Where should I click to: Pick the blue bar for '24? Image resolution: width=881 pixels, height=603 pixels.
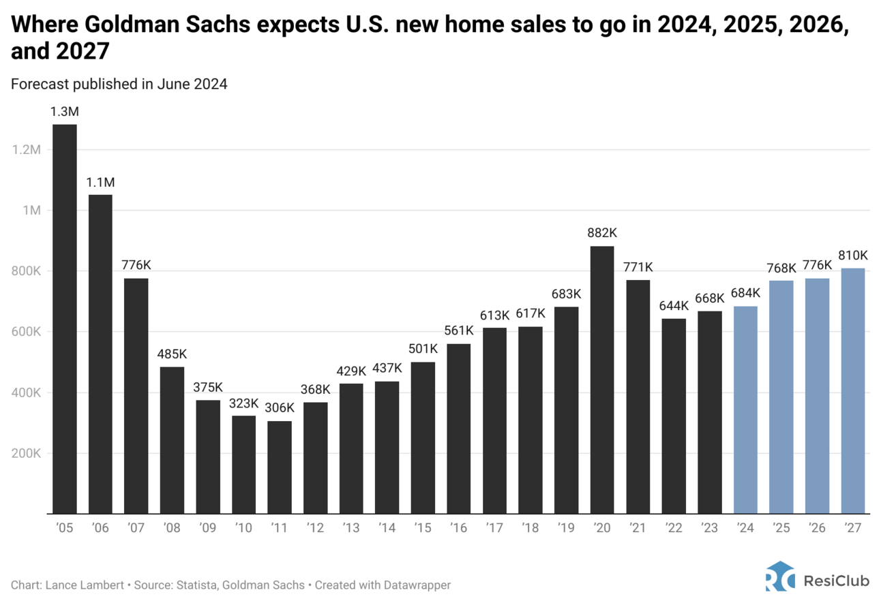745,409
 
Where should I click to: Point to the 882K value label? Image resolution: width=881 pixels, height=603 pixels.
601,233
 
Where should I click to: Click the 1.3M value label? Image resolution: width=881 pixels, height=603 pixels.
64,111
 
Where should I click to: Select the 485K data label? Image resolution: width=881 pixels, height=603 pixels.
172,354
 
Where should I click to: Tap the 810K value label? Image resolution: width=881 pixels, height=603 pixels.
852,255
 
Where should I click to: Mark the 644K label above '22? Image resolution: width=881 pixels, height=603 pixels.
673,305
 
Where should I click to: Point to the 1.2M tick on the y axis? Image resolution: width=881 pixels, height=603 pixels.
28,149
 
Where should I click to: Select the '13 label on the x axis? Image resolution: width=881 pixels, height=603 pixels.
350,527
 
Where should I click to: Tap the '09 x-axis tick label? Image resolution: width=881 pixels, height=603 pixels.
207,527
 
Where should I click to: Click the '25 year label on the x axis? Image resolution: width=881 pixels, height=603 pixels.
781,527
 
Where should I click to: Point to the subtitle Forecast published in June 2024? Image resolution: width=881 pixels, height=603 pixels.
119,84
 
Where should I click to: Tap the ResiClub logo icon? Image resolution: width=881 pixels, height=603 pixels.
779,576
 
